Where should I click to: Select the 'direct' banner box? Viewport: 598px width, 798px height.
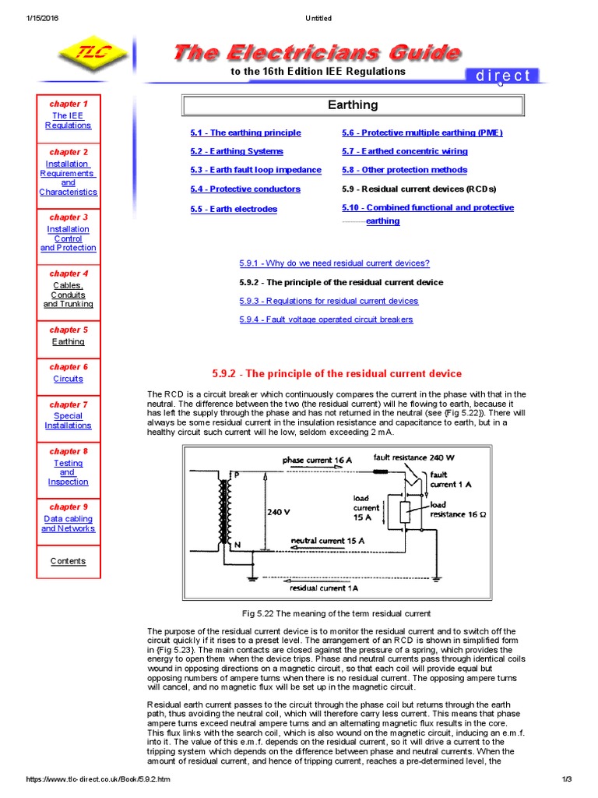[x=502, y=76]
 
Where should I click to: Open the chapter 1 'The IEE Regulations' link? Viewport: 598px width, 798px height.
[x=68, y=120]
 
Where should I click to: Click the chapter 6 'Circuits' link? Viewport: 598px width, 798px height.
[x=68, y=379]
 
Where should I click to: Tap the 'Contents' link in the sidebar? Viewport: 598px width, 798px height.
[x=68, y=561]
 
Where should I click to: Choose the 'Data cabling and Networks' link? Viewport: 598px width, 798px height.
[x=68, y=524]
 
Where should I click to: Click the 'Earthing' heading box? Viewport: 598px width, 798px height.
[x=353, y=104]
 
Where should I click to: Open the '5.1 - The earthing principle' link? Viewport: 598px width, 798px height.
[x=245, y=133]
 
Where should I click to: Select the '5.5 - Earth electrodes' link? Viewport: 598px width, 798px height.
[x=234, y=209]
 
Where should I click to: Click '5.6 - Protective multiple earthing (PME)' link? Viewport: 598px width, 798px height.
[x=422, y=133]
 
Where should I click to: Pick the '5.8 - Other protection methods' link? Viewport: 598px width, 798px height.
[x=404, y=170]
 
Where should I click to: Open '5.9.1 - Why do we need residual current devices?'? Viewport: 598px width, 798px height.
[x=334, y=263]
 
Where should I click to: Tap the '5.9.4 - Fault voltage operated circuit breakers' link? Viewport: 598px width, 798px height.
[x=326, y=320]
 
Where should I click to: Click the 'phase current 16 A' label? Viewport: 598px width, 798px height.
[x=317, y=461]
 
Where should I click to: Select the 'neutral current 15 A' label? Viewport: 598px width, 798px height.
[x=328, y=540]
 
